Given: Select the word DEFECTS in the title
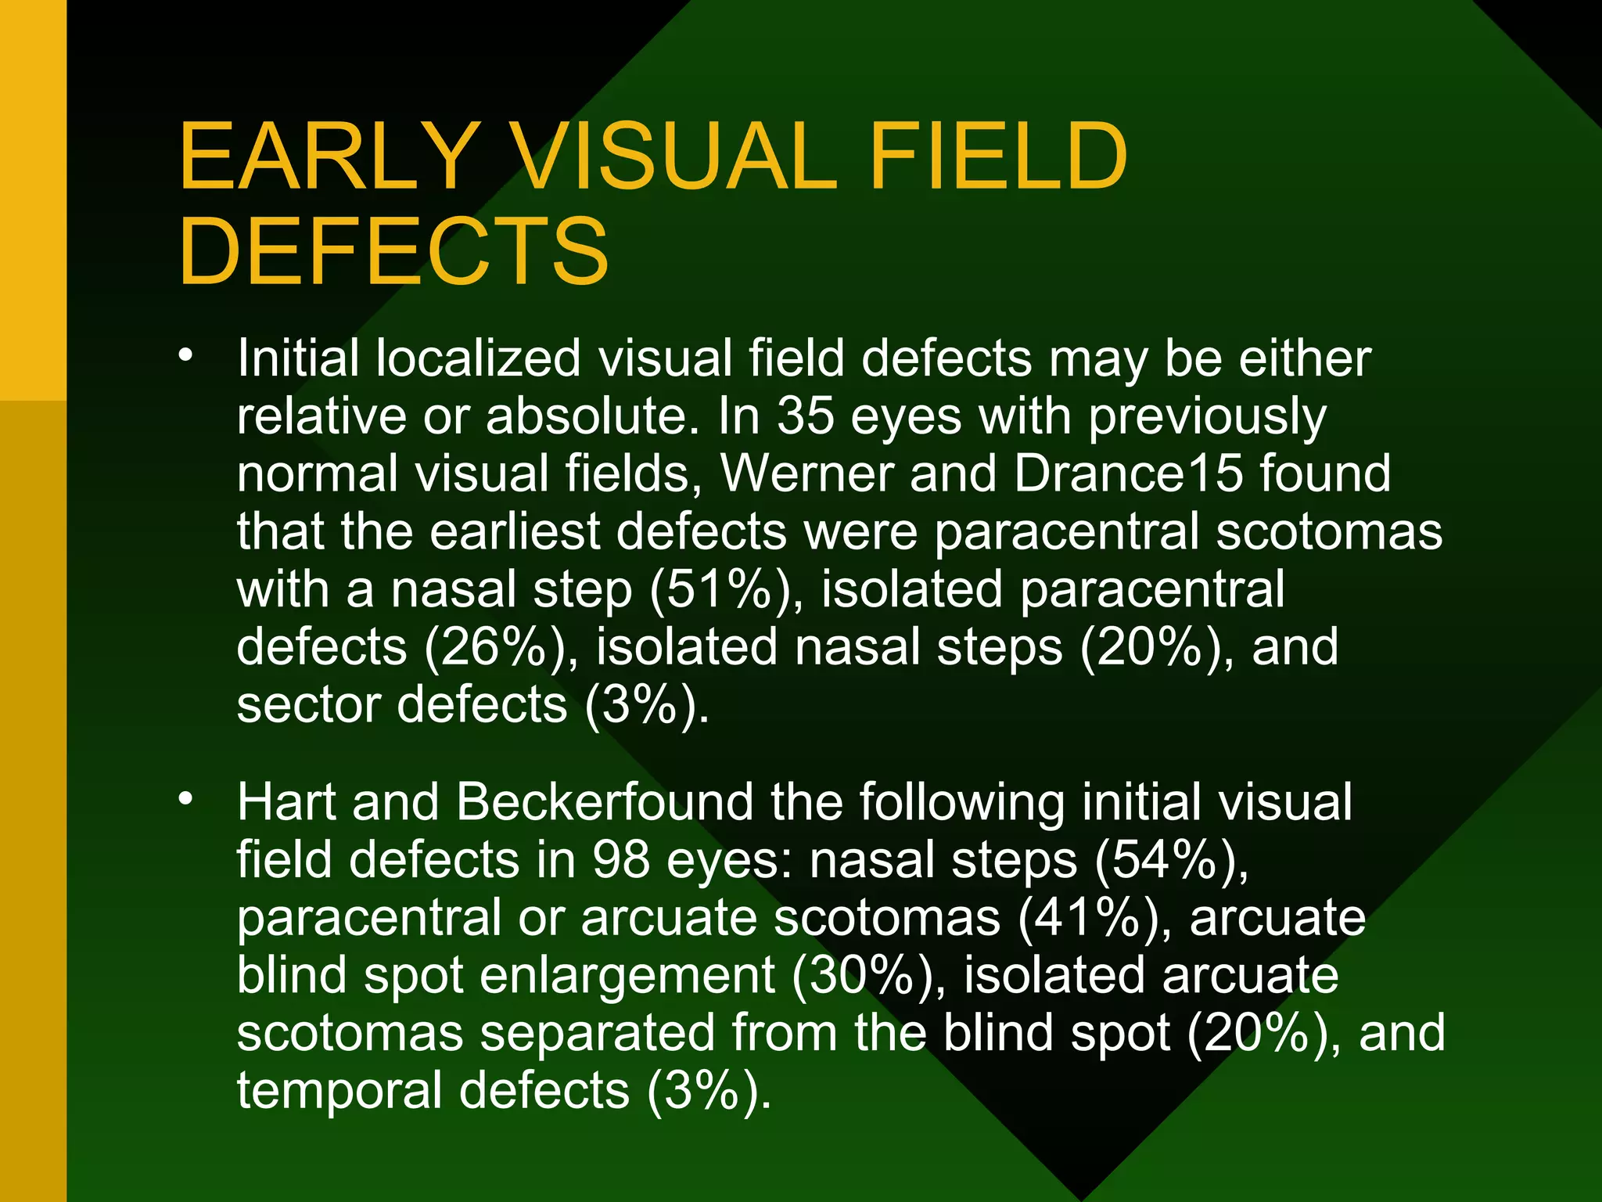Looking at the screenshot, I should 393,252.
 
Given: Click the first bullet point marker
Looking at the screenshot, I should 185,356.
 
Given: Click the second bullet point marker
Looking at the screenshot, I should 185,799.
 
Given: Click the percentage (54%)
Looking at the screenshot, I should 1170,860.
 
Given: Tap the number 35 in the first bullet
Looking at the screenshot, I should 805,416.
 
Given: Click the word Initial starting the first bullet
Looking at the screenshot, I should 297,358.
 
